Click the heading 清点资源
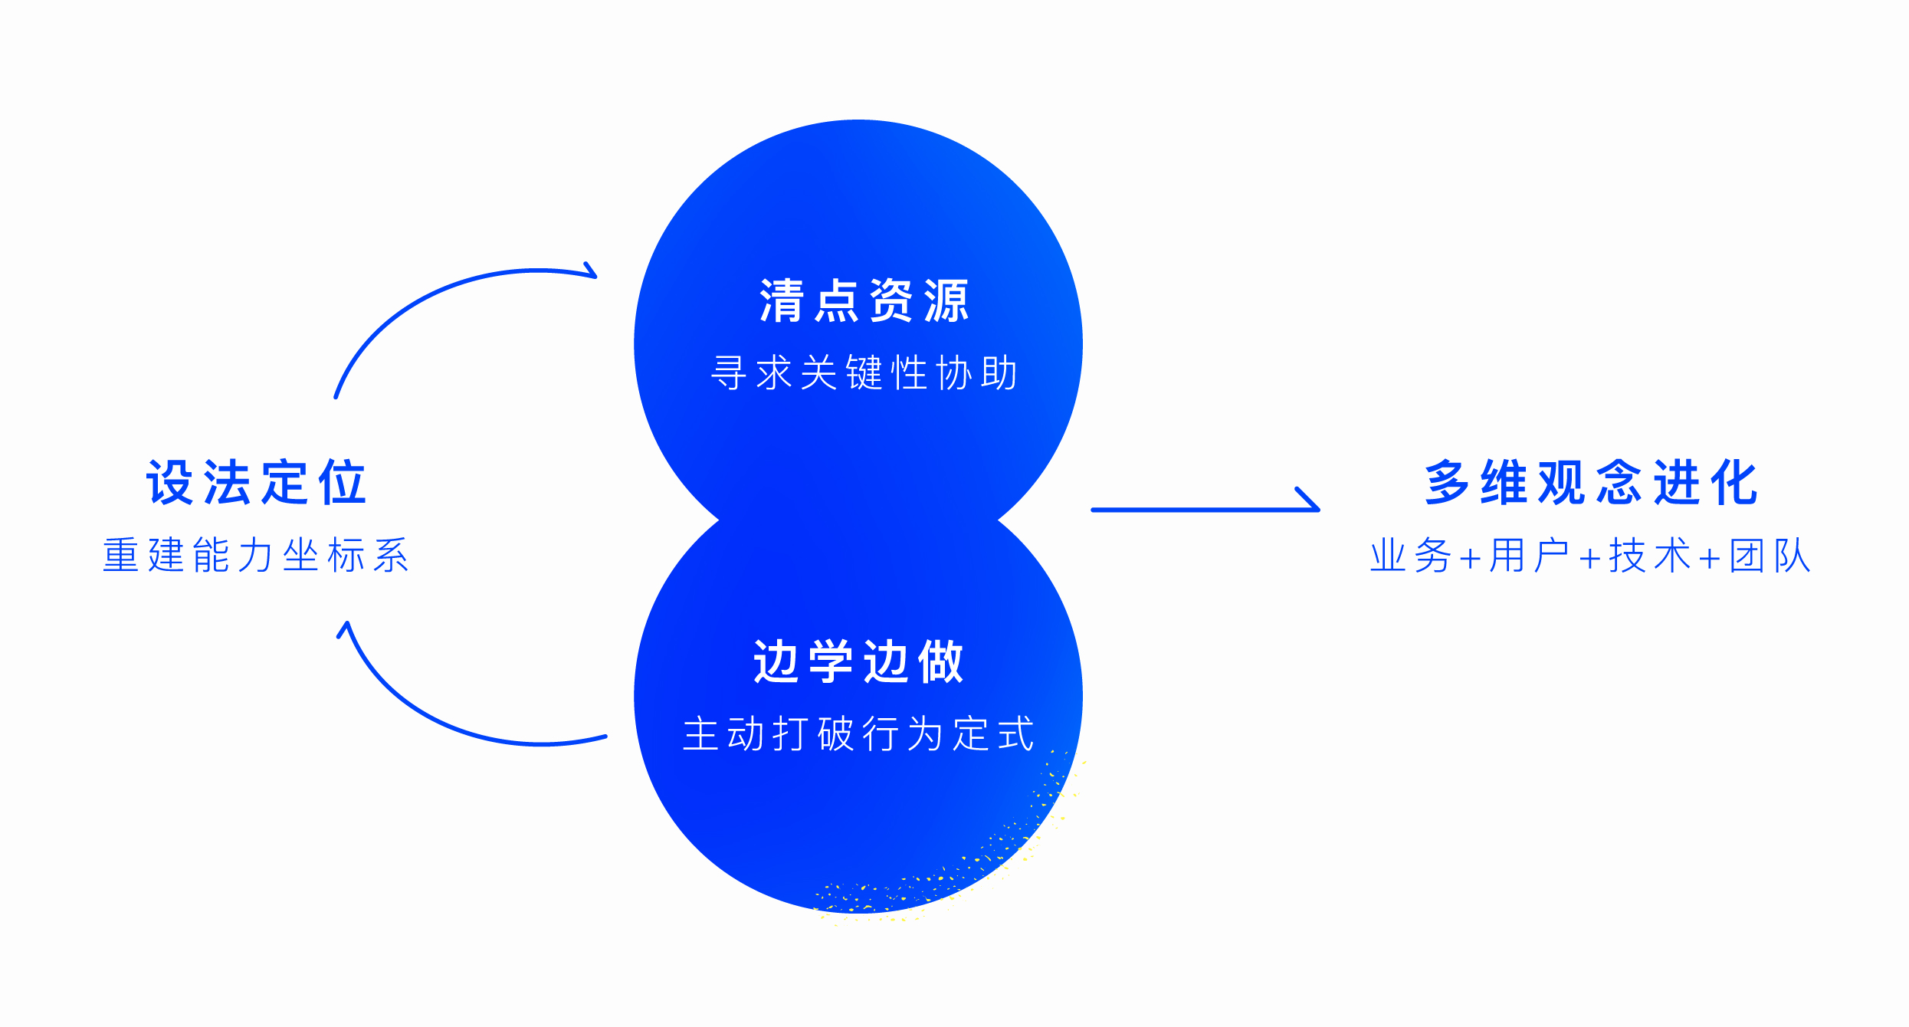[864, 300]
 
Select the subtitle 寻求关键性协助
[864, 373]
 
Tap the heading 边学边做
[858, 661]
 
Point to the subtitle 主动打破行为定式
[858, 734]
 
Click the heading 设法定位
[257, 483]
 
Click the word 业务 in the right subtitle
[1411, 556]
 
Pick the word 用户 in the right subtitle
[1530, 556]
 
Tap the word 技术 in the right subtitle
[1649, 556]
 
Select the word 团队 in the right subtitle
[1770, 556]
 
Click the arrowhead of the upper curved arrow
[590, 271]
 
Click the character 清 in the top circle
[781, 300]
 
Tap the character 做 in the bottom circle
[940, 661]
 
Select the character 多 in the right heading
[1447, 483]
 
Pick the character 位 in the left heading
[343, 483]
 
